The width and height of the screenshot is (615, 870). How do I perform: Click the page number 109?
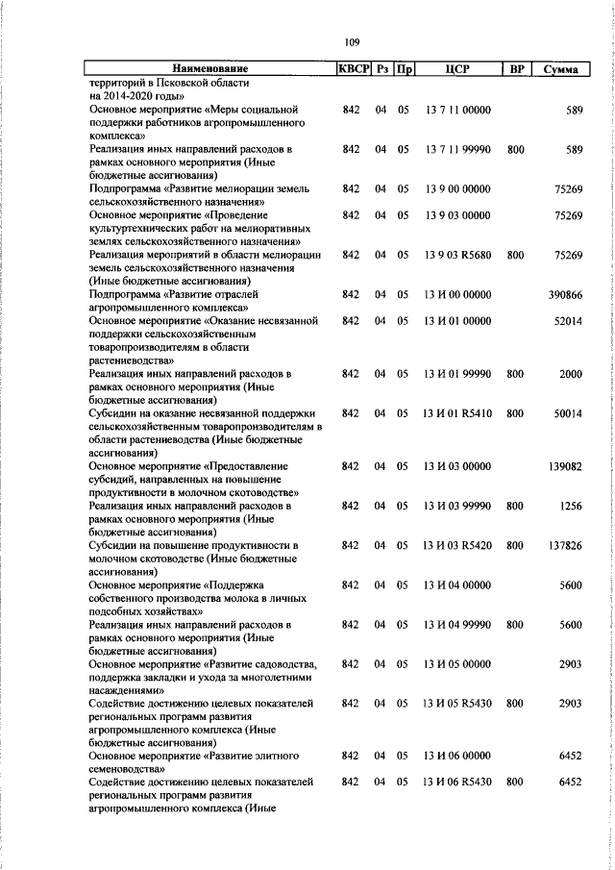pos(352,41)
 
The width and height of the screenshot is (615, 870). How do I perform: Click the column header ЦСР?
pos(456,69)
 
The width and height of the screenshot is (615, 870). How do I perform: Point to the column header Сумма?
pos(559,69)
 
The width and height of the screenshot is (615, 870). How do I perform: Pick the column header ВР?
pos(516,69)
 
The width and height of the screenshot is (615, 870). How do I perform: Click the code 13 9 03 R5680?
pos(456,255)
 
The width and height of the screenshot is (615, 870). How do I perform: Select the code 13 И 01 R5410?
pos(456,412)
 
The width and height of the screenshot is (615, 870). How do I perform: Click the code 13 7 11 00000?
pos(456,112)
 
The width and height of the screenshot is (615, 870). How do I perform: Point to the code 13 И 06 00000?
pos(456,757)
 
